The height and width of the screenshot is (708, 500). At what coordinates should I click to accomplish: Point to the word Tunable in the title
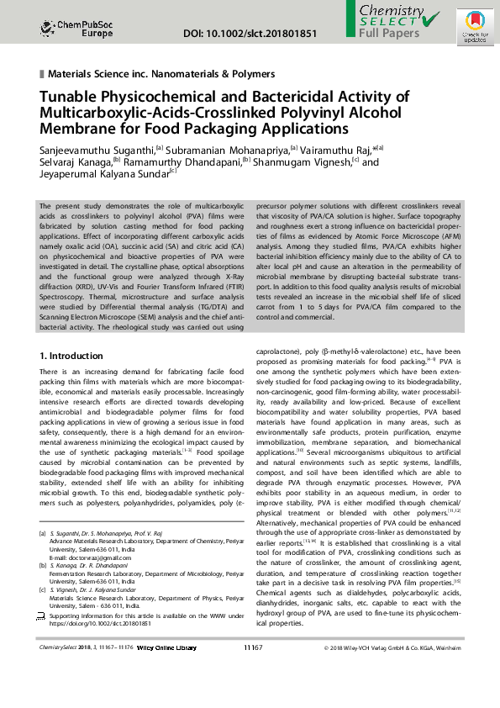[x=69, y=97]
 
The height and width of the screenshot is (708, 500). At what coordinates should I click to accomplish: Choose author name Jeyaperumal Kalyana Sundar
[x=103, y=177]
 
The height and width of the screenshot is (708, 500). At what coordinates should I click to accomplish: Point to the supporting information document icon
[x=43, y=616]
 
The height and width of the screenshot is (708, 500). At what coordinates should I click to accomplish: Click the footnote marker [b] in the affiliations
[x=44, y=567]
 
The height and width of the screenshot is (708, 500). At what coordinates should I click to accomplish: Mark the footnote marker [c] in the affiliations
[x=44, y=591]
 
